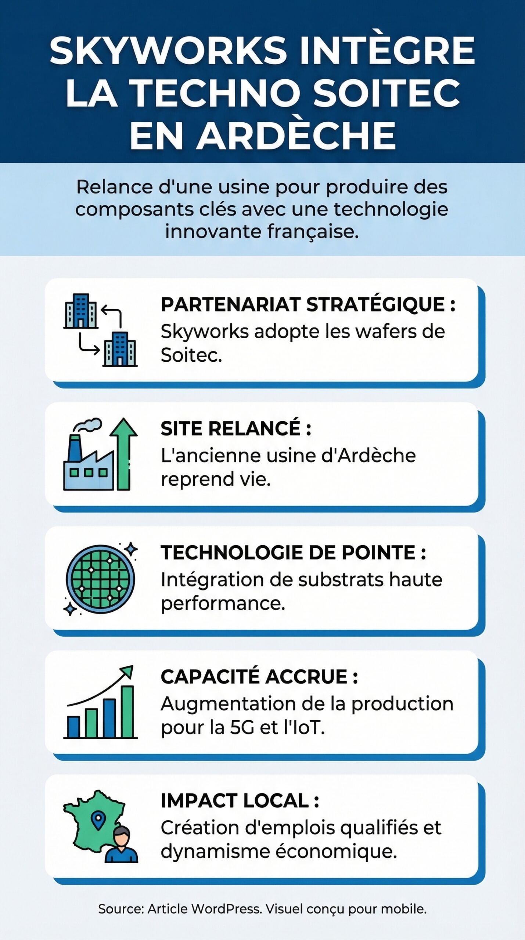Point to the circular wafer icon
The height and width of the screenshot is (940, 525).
pos(100,579)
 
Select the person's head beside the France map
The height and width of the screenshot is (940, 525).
pos(122,836)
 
